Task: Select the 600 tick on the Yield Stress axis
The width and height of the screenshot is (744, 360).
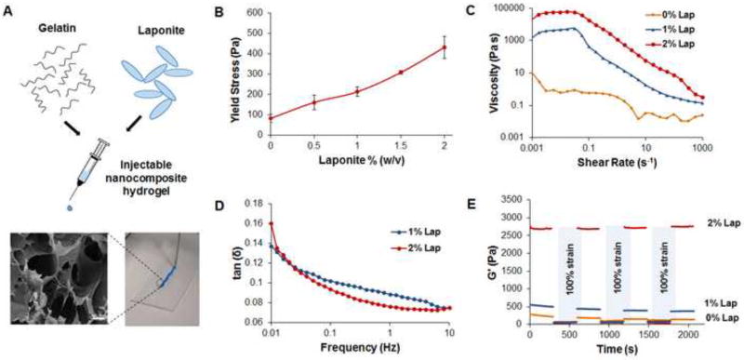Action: (x=256, y=14)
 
